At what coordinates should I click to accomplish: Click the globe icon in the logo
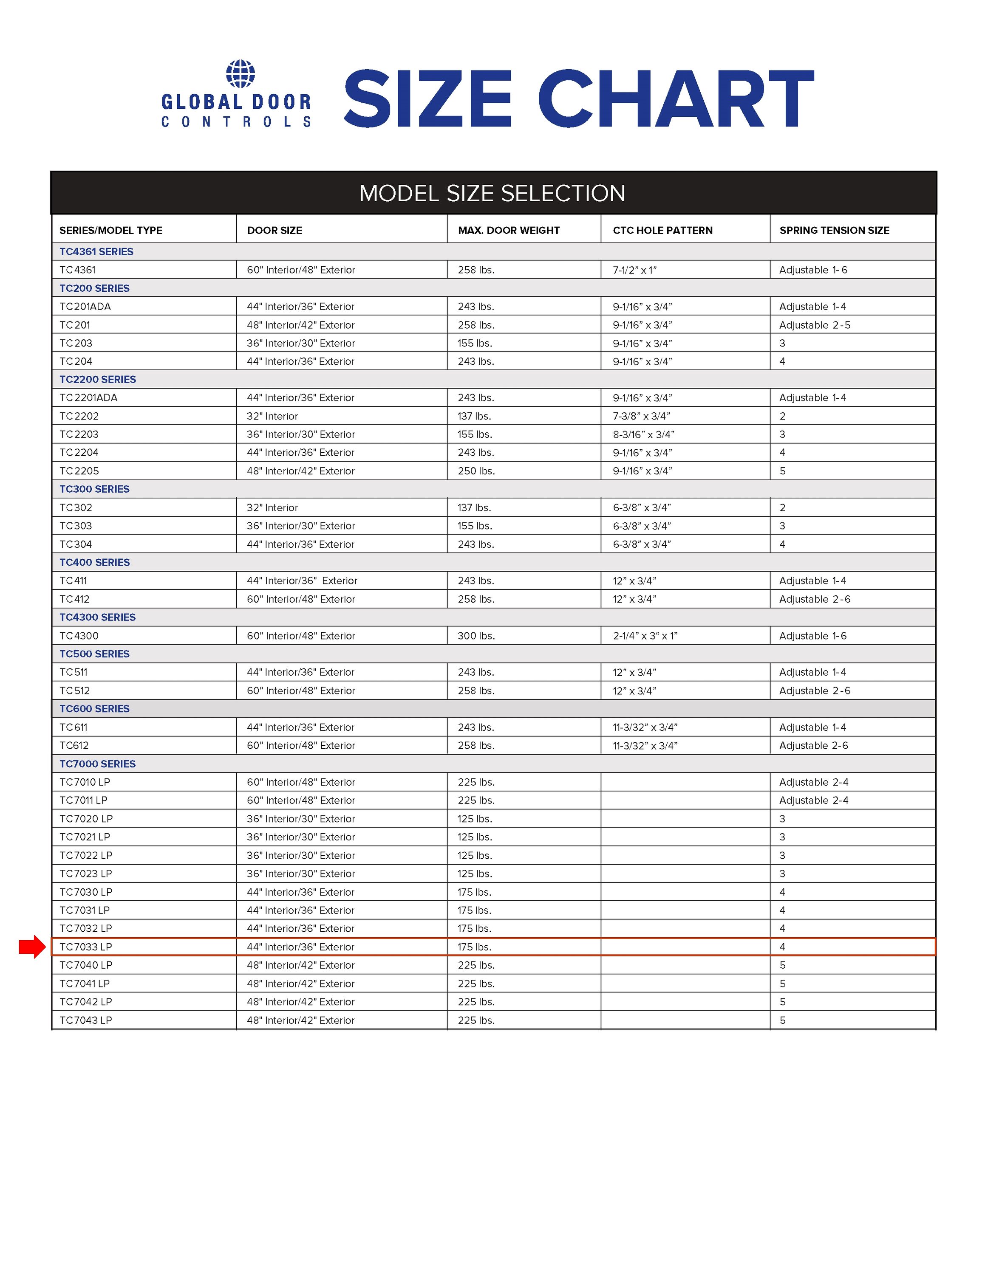coord(241,74)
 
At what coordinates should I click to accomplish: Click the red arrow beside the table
coord(32,946)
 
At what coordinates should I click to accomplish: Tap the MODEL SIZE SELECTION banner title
coord(492,193)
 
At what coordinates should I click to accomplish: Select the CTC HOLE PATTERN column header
coord(662,231)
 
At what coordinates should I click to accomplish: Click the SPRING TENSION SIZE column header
coord(834,231)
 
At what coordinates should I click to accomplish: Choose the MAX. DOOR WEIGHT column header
coord(508,231)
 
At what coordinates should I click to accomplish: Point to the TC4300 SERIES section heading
coord(97,617)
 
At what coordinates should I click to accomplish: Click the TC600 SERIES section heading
coord(94,709)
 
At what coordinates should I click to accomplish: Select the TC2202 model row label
coord(79,416)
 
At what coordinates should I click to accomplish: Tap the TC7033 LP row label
coord(86,947)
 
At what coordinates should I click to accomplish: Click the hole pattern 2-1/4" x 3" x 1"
coord(645,636)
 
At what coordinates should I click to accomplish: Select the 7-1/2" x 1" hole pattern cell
coord(634,270)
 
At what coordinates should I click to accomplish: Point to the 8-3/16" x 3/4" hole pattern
coord(643,434)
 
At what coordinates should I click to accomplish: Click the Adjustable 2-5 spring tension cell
coord(815,325)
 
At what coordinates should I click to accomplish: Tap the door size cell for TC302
coord(272,507)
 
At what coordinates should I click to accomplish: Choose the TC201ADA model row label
coord(85,307)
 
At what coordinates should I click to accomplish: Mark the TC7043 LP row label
coord(86,1020)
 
